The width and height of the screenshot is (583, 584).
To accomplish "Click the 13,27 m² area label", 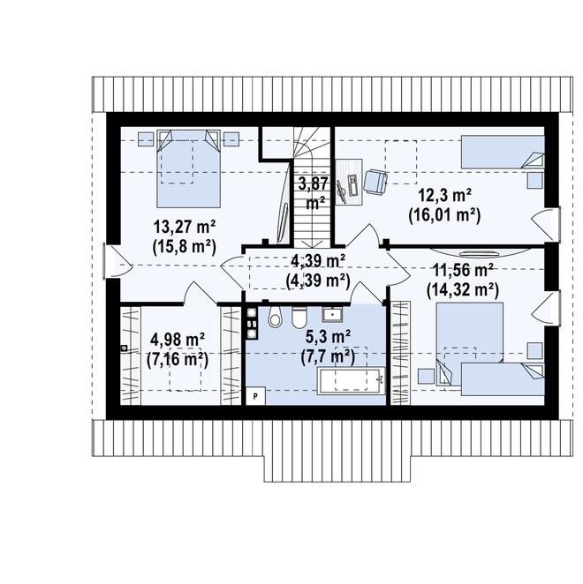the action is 185,227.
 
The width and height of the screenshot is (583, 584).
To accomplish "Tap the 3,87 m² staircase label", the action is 314,194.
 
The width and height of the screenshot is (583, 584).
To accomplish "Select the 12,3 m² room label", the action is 444,195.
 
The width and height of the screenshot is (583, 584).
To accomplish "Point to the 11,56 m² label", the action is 463,270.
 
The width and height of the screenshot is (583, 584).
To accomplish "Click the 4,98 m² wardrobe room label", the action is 178,340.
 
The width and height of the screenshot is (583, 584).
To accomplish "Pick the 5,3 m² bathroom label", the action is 328,337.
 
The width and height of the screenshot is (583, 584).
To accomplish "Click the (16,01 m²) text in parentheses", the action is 444,215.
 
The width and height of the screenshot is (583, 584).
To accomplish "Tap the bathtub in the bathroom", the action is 351,380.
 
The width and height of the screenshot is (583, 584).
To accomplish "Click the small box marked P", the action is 255,396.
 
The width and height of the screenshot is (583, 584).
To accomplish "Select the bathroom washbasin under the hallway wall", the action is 333,314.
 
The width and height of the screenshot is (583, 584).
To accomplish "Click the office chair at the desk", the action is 375,182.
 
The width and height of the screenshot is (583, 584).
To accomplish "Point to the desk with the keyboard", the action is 349,182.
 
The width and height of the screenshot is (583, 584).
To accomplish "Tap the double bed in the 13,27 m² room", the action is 189,168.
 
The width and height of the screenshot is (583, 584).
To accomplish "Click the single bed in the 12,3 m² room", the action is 503,152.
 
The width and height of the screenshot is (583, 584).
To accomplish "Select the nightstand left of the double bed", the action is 146,139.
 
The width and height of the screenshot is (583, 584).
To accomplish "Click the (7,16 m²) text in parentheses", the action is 178,360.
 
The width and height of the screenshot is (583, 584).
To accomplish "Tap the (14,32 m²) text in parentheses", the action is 463,290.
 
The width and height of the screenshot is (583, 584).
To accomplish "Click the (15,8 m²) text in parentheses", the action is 185,246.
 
